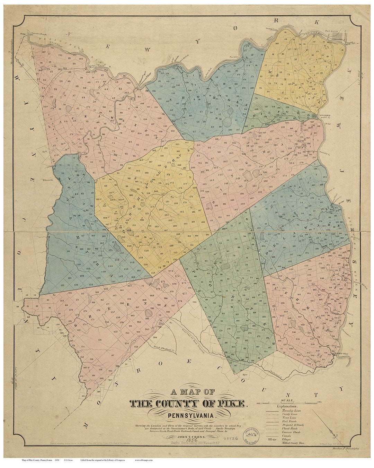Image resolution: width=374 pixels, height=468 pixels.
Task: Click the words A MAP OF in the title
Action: [x=192, y=392]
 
